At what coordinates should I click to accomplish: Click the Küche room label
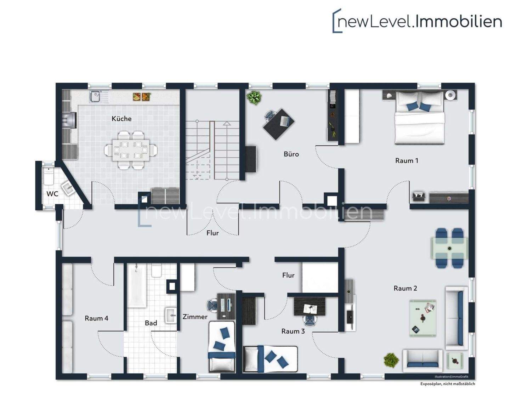[x=121, y=119]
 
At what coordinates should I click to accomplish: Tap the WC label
[x=52, y=194]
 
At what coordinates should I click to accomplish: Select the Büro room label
[x=291, y=154]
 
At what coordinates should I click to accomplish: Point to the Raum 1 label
[x=407, y=161]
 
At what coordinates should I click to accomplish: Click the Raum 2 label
[x=405, y=288]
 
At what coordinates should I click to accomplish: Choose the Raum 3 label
[x=293, y=331]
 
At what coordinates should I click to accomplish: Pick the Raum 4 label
[x=96, y=318]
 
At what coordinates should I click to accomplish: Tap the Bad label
[x=151, y=323]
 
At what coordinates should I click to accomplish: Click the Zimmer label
[x=195, y=317]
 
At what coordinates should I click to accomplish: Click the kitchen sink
[x=96, y=96]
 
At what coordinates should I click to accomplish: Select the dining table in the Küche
[x=131, y=150]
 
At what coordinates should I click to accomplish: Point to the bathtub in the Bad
[x=137, y=286]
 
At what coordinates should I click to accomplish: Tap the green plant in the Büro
[x=254, y=97]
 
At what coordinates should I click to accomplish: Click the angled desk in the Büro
[x=279, y=124]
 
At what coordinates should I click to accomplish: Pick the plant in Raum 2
[x=391, y=360]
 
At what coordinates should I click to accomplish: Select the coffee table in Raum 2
[x=423, y=318]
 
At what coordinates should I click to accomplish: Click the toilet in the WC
[x=49, y=176]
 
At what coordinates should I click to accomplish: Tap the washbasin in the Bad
[x=171, y=315]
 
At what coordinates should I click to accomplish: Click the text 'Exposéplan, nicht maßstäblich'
[x=447, y=384]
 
